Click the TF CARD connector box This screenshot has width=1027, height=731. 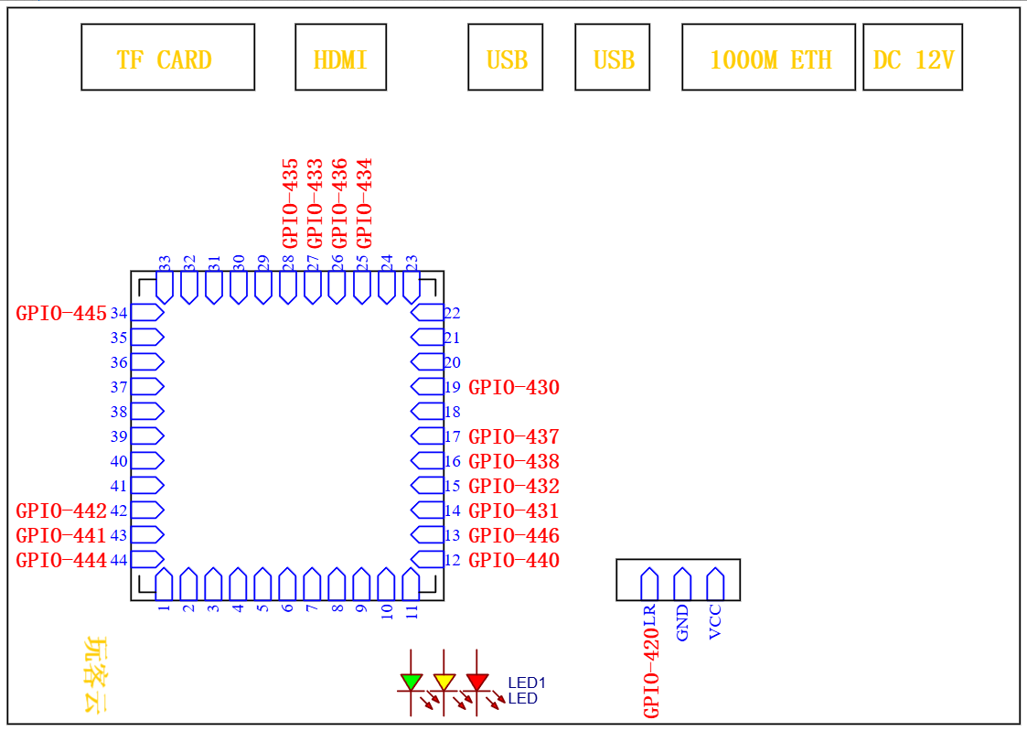coord(167,58)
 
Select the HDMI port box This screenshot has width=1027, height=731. coord(340,58)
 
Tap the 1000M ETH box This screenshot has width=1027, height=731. coord(768,58)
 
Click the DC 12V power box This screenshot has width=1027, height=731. coord(913,58)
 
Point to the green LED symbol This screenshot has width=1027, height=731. coord(412,682)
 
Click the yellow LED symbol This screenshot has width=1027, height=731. coord(444,682)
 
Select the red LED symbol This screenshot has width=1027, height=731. coord(476,682)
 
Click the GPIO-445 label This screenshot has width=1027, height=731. coord(61,314)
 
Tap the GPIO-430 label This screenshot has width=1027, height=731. coord(514,388)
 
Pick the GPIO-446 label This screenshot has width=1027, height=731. coord(514,536)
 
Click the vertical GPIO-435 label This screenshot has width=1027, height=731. coord(290,202)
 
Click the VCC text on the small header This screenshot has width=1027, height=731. coord(715,622)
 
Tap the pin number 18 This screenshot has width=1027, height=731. coord(452,413)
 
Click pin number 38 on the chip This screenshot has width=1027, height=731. coord(119,413)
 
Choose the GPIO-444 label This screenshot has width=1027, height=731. coord(61,561)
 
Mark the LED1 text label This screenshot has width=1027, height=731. coord(527,683)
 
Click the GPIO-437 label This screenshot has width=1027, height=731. coord(514,437)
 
